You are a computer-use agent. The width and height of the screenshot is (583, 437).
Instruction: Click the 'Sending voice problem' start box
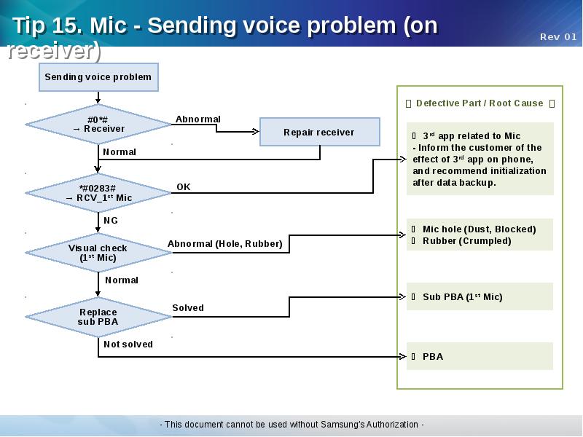point(98,77)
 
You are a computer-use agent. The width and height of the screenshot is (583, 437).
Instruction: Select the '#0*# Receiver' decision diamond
point(98,125)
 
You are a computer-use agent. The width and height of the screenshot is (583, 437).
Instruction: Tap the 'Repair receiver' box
point(319,133)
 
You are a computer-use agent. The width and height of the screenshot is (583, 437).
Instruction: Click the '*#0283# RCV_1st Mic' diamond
point(98,193)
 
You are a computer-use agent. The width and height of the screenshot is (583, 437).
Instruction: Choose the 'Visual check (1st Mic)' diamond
point(98,253)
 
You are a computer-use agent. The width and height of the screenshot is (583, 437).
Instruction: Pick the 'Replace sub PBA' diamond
point(98,317)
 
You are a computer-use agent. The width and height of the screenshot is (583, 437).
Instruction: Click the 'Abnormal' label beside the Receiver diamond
point(198,119)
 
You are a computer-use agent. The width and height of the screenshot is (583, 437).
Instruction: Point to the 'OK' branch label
point(184,187)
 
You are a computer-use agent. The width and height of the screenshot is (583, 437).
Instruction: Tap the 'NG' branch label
point(111,221)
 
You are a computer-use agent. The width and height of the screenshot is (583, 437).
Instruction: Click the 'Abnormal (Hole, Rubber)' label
point(225,244)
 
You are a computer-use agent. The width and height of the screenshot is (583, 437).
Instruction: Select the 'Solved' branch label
point(188,308)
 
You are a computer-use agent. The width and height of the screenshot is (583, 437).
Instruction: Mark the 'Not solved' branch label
point(128,345)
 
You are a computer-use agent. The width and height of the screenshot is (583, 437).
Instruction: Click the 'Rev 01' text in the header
point(558,37)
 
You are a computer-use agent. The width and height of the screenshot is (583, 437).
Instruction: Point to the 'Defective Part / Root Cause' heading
point(480,103)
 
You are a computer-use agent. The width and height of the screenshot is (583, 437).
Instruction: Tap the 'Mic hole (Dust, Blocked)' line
point(479,229)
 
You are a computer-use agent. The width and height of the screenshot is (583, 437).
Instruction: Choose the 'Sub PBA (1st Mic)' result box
point(480,297)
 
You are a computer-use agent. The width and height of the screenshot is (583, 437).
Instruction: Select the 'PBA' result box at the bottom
point(480,357)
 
